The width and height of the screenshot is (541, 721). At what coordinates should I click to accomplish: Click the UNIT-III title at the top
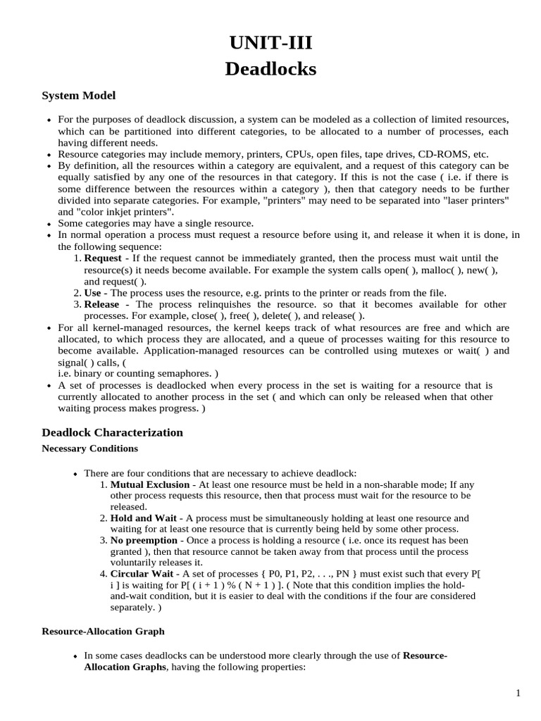(x=270, y=44)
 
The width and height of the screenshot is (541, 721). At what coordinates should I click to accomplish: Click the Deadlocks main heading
(x=270, y=69)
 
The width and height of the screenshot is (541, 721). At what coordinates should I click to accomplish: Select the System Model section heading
(x=78, y=95)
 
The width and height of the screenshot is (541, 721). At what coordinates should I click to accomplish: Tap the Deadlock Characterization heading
(x=112, y=432)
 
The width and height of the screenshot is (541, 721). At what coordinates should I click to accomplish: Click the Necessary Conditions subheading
(x=89, y=449)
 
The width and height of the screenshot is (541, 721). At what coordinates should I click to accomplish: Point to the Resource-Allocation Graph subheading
(x=103, y=632)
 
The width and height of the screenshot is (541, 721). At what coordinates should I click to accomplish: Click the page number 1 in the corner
(x=518, y=694)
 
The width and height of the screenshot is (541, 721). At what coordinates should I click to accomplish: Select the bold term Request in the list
(x=103, y=258)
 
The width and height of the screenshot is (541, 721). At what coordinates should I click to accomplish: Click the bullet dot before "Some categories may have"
(x=49, y=223)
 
